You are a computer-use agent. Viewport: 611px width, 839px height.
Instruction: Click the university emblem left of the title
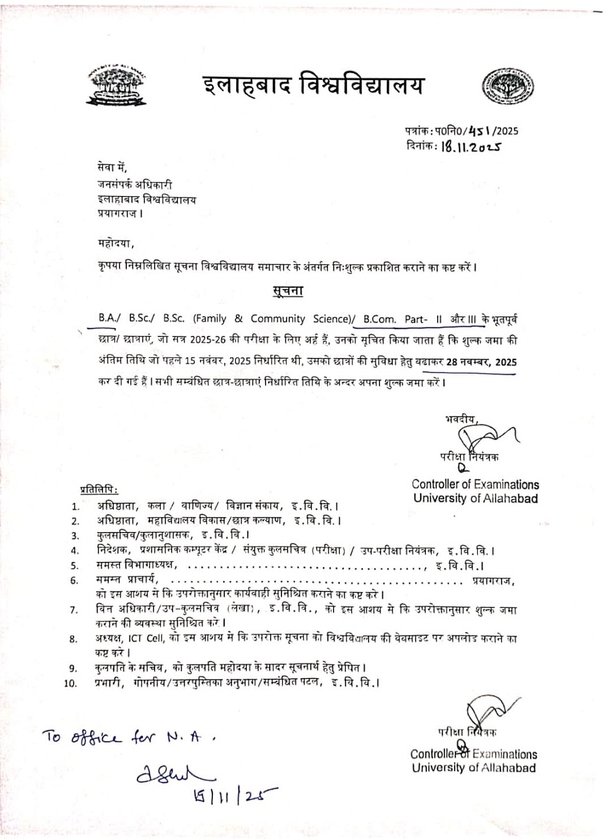click(x=116, y=87)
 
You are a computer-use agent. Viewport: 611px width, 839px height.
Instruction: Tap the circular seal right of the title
click(x=508, y=87)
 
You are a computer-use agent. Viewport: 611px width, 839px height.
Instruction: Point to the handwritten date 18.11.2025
click(x=471, y=147)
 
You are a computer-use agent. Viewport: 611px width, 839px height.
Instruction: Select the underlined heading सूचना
click(x=288, y=291)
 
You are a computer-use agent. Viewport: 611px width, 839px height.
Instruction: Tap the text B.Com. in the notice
click(x=379, y=319)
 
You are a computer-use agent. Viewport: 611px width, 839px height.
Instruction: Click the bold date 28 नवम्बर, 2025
click(x=481, y=362)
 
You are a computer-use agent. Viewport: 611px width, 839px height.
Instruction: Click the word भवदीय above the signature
click(x=460, y=419)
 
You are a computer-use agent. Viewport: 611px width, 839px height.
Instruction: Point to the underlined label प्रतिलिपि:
click(x=99, y=489)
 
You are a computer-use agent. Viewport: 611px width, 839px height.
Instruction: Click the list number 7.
click(x=74, y=610)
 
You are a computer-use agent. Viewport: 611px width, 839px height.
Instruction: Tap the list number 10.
click(x=70, y=683)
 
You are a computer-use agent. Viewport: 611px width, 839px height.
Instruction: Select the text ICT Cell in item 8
click(x=146, y=638)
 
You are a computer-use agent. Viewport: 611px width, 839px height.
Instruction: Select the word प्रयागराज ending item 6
click(x=493, y=580)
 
